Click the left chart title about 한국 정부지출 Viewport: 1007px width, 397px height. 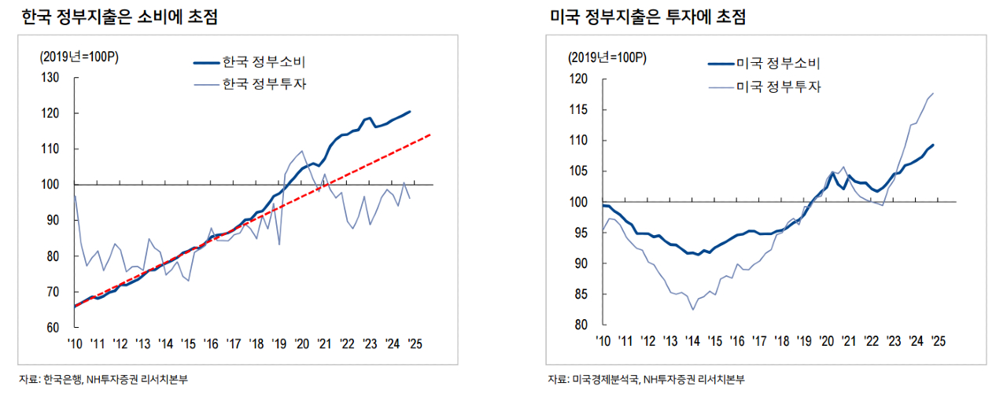coord(120,17)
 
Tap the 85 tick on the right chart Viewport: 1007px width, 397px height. coord(582,294)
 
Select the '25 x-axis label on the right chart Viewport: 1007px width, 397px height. coord(939,340)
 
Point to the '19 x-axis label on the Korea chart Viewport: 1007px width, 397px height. coord(279,344)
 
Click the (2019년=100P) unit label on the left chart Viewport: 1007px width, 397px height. coord(79,57)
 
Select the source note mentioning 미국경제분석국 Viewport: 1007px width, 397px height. coord(646,380)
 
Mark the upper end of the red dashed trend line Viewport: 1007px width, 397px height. coord(431,134)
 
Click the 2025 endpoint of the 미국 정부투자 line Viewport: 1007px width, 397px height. coord(933,94)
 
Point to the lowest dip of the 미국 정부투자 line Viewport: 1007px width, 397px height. coord(693,309)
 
